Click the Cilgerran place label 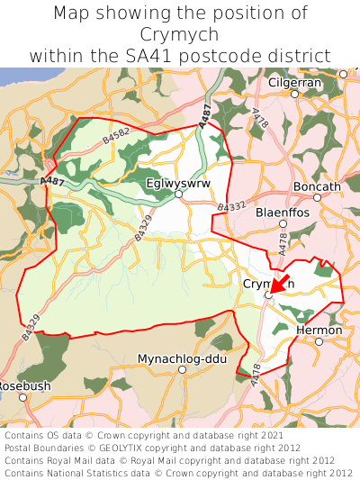294,82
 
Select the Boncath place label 317,186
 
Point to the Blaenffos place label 283,213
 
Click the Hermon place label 319,331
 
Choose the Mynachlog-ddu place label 182,358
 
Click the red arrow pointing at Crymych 280,285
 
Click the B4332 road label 230,208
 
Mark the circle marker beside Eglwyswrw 178,194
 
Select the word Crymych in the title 179,34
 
